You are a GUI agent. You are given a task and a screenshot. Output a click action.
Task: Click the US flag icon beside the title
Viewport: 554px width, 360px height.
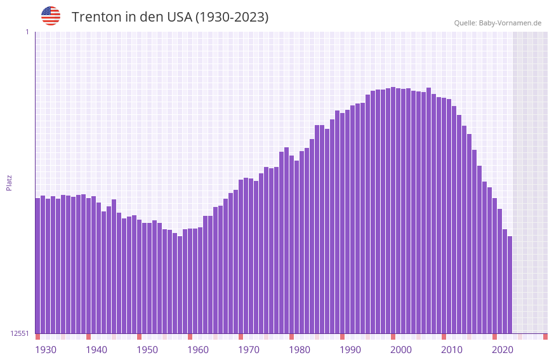[x=51, y=16]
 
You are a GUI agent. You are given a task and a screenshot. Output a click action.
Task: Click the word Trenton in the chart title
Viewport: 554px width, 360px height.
[x=96, y=17]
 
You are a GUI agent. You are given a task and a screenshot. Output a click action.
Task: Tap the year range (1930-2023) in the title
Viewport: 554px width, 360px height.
[x=232, y=17]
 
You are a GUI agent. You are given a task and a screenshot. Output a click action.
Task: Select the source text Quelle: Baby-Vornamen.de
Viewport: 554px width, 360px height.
[x=498, y=23]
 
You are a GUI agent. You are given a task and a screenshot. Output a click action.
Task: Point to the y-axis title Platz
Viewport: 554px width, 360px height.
[x=9, y=182]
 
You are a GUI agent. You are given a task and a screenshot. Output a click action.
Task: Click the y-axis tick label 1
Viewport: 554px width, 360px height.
[x=27, y=32]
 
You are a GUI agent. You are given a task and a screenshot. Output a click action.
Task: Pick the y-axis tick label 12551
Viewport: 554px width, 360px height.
[x=20, y=333]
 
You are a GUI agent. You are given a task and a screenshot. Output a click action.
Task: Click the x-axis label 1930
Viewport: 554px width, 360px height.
[x=46, y=350]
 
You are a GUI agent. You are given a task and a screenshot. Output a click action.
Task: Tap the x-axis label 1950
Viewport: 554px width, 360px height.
[x=147, y=350]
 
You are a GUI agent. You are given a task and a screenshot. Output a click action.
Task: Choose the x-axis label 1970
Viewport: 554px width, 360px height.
[x=249, y=350]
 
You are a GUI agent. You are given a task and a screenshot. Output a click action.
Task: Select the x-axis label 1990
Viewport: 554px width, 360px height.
[x=350, y=350]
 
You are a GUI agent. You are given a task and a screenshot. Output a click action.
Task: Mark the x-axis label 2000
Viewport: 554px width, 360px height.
[x=401, y=350]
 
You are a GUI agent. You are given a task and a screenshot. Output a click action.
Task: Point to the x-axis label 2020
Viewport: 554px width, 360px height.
[x=503, y=350]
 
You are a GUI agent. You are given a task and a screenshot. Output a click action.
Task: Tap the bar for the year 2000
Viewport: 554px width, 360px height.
[x=393, y=210]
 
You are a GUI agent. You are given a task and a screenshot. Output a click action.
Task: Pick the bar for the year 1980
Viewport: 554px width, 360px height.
[x=292, y=244]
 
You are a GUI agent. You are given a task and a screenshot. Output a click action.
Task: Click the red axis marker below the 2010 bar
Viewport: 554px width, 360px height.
[x=444, y=337]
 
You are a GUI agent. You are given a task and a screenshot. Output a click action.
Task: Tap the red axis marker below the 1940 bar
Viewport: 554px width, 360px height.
[x=89, y=337]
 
